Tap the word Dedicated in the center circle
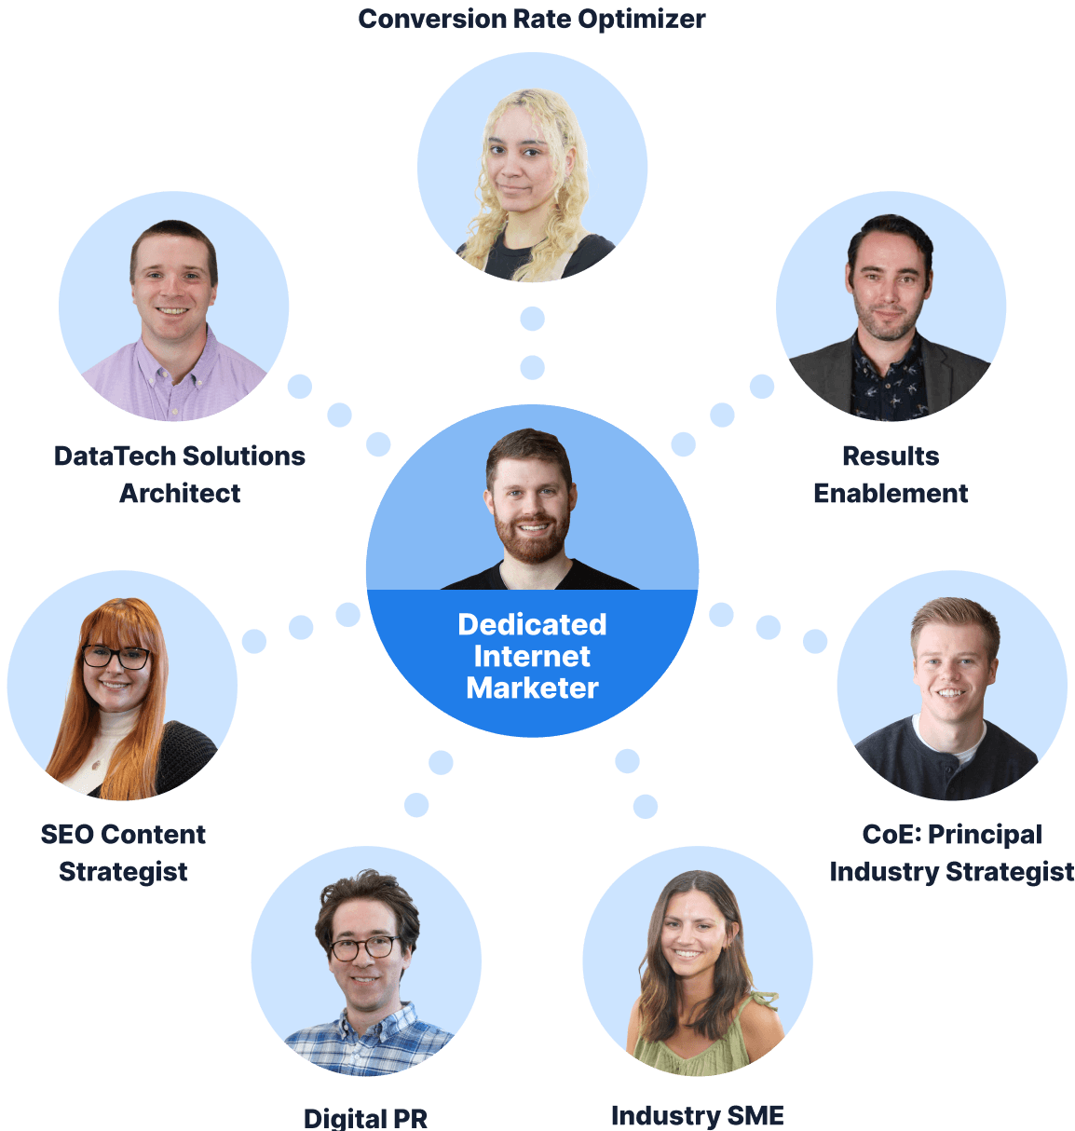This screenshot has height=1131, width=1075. click(532, 624)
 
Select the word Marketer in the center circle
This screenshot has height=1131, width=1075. click(532, 688)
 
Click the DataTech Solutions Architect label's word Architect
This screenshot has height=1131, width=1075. click(180, 493)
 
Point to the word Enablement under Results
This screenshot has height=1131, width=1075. click(891, 493)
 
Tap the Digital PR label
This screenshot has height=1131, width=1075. click(365, 1118)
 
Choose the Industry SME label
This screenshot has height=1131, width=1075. click(697, 1115)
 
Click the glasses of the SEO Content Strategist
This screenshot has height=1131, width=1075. click(116, 657)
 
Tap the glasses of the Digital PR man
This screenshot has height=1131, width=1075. click(363, 948)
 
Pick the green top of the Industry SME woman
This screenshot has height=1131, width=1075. click(694, 1048)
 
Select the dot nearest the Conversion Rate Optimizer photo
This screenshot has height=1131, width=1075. click(532, 320)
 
